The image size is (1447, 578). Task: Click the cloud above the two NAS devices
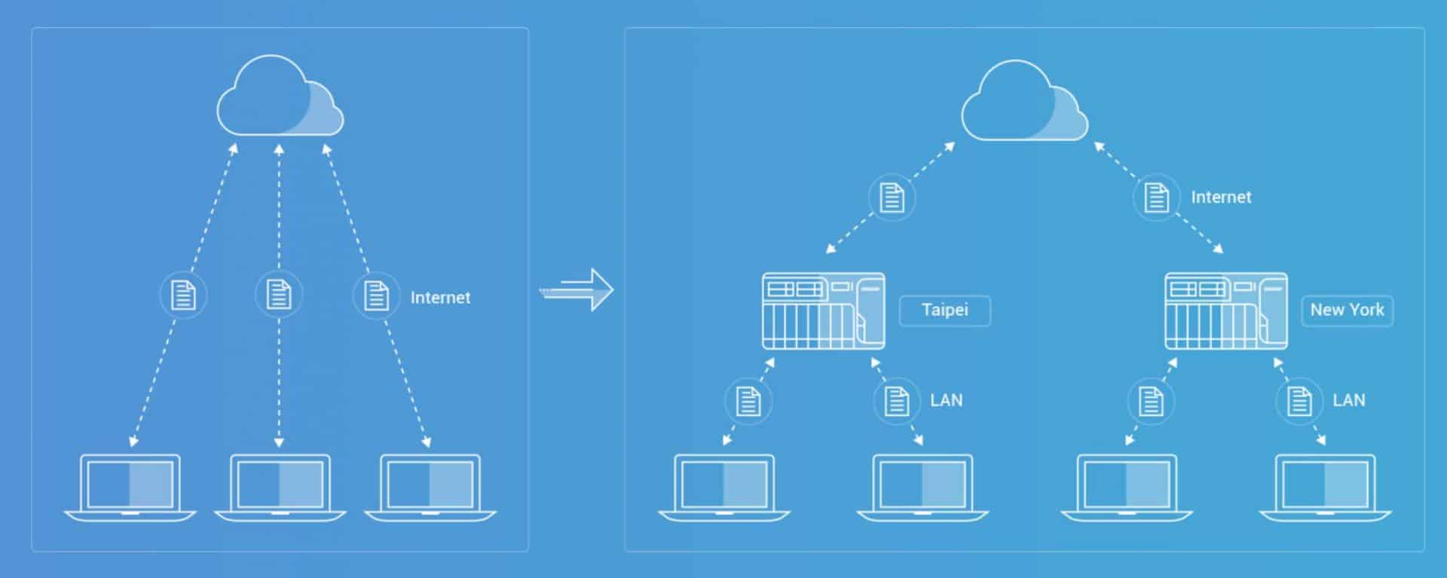(1024, 100)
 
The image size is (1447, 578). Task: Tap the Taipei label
(944, 310)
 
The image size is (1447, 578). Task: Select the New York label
(1347, 310)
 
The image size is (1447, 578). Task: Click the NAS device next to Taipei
(823, 310)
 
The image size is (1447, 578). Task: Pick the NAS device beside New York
(1226, 310)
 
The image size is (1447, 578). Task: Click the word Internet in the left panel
(440, 298)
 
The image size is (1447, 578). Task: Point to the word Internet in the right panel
(1221, 197)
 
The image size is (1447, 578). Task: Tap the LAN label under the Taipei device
(946, 400)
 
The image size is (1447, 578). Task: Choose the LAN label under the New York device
(1348, 400)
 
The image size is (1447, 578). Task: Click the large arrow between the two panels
(577, 289)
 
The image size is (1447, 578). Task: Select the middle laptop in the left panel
(280, 487)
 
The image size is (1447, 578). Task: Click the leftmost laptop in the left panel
(130, 487)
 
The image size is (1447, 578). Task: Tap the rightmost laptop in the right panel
(1325, 487)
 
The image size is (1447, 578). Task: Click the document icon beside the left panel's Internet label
(376, 295)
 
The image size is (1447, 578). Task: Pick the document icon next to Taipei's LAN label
(896, 401)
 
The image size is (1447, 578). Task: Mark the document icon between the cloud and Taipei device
(892, 197)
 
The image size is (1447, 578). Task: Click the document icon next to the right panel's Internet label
(1156, 197)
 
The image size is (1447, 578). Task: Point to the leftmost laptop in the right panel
(723, 487)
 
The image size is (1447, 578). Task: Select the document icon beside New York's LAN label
(1299, 401)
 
